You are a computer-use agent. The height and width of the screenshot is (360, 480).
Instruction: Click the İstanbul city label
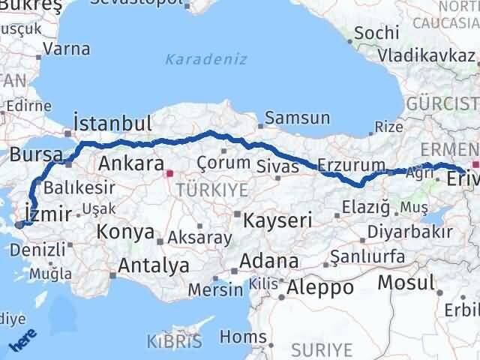[x=112, y=123]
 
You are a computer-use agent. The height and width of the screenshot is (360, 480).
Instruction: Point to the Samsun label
[x=297, y=118]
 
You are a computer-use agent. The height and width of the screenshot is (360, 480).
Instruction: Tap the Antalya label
[x=154, y=265]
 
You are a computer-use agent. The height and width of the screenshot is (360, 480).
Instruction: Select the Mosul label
[x=406, y=282]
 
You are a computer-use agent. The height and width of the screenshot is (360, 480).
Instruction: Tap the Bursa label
[x=36, y=154]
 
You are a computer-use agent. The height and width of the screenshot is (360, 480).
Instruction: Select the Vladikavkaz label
[x=426, y=55]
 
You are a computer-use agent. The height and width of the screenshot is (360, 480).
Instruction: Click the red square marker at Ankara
[x=169, y=172]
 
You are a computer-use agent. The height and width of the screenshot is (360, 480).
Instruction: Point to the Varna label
[x=67, y=49]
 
